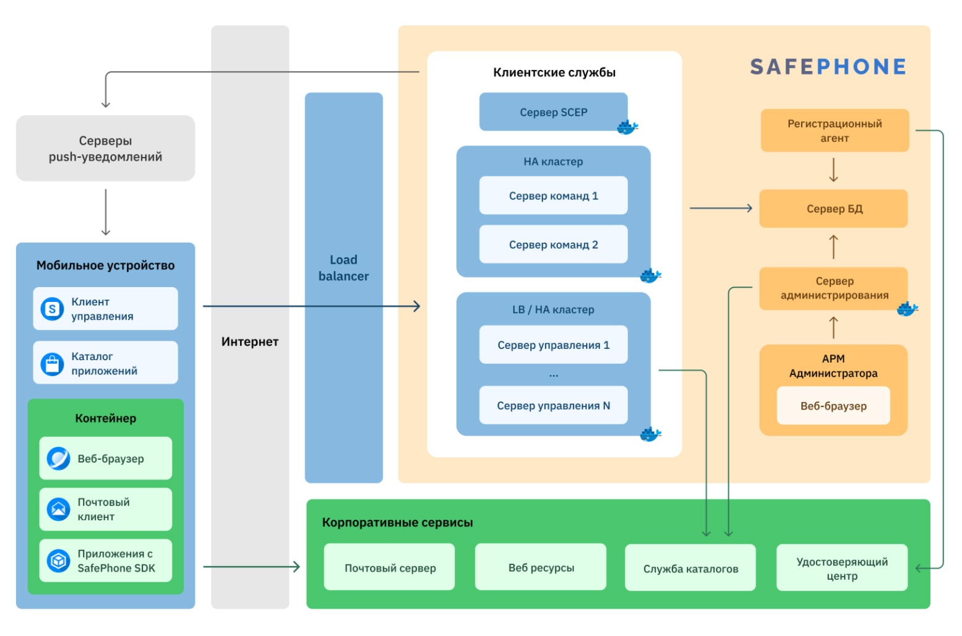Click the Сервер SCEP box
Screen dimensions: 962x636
tap(553, 111)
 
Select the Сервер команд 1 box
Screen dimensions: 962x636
tap(553, 196)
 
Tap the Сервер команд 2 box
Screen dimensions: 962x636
tap(553, 244)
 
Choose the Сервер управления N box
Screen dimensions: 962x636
tap(553, 405)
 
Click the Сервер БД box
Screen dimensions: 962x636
tap(833, 208)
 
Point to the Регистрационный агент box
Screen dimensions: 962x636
tap(835, 131)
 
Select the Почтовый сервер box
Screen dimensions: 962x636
tap(390, 567)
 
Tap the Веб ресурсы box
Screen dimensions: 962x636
tap(541, 567)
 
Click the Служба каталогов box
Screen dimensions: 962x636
tap(690, 568)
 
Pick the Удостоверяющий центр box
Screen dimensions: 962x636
tap(842, 568)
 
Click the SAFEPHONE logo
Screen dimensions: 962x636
tap(828, 67)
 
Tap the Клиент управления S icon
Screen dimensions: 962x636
tap(53, 309)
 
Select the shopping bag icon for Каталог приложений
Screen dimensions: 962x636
tap(53, 364)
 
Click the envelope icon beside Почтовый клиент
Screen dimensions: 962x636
tap(58, 509)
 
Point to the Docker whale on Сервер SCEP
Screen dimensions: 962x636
tap(627, 127)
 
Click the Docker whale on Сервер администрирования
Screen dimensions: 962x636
tap(907, 308)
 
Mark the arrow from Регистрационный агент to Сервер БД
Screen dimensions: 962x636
tap(833, 170)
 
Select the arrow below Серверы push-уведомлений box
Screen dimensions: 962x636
tap(106, 212)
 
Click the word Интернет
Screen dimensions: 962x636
tap(250, 342)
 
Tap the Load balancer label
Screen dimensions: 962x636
tap(343, 267)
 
